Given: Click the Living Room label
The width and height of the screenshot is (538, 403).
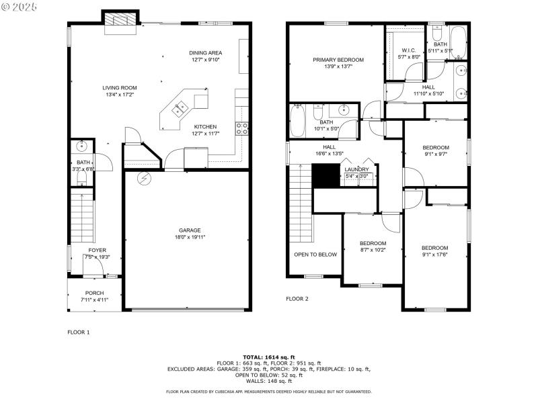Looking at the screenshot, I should coord(120,87).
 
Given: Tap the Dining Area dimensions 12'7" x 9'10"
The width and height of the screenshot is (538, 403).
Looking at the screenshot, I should coord(205,60).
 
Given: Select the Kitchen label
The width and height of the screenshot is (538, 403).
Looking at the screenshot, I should coord(205,126).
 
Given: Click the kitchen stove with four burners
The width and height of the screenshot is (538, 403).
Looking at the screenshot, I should coord(241,127).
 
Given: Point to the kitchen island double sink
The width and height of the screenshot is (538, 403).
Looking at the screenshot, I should coord(180,108).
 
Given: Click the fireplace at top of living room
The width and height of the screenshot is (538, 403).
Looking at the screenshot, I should coord(120,21).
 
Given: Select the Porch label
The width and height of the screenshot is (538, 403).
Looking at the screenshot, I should coord(94,293).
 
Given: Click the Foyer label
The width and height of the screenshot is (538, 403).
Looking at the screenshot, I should coord(98,251).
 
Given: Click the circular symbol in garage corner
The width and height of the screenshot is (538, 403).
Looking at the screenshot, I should coord(143,178).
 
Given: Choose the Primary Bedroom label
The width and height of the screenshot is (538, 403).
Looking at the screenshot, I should coord(338,60).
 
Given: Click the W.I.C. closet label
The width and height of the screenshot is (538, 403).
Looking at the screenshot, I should coord(409,50).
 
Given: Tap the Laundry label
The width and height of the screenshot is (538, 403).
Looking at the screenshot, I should coord(357,169).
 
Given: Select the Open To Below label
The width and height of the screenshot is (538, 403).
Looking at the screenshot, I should coord(315,255).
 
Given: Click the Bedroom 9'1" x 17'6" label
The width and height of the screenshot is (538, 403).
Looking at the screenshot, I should coord(434,247).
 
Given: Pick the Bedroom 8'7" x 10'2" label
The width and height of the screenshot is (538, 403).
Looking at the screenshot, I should coord(373,243).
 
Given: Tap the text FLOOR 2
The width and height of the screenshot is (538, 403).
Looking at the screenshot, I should coord(297,298).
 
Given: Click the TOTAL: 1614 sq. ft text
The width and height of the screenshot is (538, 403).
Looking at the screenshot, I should coord(269,357).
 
